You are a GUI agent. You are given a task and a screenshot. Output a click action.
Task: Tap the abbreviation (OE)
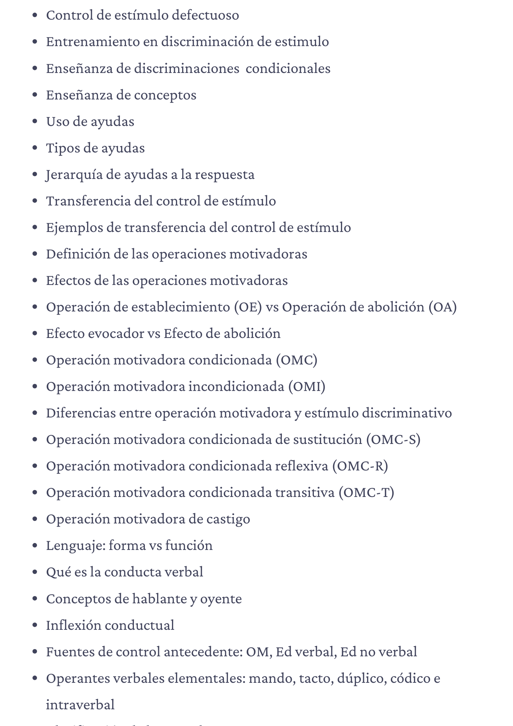pos(248,307)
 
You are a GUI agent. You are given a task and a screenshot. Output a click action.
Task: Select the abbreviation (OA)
pos(442,307)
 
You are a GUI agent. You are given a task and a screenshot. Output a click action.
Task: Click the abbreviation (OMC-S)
pos(393,440)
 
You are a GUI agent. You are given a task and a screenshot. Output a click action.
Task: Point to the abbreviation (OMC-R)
pos(360,466)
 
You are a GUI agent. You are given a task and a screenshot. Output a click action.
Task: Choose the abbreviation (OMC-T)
pos(366,493)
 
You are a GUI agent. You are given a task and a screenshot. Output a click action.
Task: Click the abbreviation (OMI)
pos(307,387)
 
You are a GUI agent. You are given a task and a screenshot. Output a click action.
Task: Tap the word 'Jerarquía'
pos(74,175)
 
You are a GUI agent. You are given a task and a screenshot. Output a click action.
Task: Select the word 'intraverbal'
pos(80,705)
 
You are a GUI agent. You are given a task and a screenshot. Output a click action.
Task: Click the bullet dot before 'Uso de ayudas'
pos(35,122)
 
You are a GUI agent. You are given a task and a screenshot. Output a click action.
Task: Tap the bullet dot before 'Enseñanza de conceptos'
pos(35,95)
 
